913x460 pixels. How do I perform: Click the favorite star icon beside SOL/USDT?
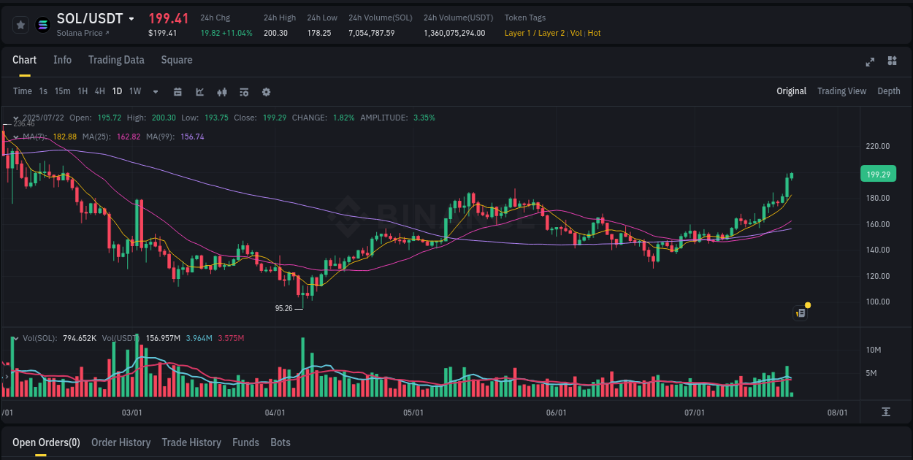coord(20,25)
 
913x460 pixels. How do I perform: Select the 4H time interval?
coord(99,91)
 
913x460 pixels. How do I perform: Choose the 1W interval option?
coord(135,91)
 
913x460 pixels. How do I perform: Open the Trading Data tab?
coord(116,60)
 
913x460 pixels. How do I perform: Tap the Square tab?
coord(177,60)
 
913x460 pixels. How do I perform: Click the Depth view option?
coord(888,91)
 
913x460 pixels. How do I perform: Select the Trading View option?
coord(841,91)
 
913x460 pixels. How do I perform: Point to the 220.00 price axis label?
coord(877,146)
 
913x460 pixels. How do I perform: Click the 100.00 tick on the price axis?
coord(877,302)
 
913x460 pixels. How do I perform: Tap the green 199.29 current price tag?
coord(878,175)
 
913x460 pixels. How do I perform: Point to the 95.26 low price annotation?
coord(283,308)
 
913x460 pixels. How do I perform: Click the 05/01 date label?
coord(413,413)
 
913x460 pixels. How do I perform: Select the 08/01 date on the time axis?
coord(837,413)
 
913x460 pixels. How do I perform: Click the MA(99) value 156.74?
coord(192,137)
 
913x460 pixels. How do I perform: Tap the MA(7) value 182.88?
coord(64,137)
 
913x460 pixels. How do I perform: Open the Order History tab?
coord(121,442)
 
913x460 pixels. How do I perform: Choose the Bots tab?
coord(280,442)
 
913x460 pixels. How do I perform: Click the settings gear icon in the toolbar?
coord(266,92)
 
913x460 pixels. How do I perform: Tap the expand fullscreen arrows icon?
coord(870,61)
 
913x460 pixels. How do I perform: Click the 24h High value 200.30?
coord(275,33)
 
